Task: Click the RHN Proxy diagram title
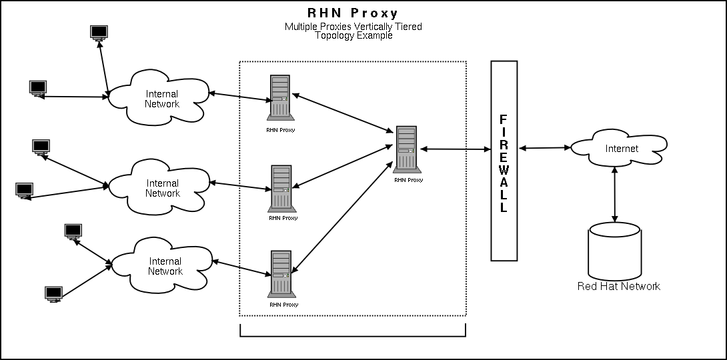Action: (x=352, y=13)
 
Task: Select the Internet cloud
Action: (x=620, y=149)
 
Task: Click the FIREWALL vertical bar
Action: (x=504, y=161)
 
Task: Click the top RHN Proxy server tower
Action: (x=280, y=98)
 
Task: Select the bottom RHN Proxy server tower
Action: (x=281, y=273)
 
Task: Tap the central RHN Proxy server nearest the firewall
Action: (x=406, y=149)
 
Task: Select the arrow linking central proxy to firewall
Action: (x=456, y=150)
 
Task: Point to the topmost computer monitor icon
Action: (x=99, y=33)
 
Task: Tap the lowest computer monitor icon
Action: (x=53, y=294)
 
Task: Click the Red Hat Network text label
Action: (x=618, y=286)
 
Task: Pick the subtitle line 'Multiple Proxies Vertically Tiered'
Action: (x=353, y=27)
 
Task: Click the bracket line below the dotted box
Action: (x=353, y=335)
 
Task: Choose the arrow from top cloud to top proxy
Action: (x=240, y=97)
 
